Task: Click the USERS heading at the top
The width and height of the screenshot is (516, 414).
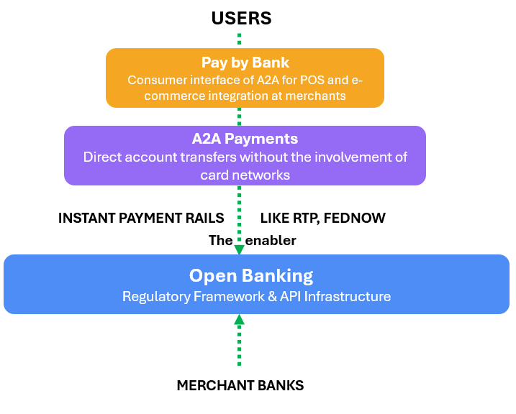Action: (240, 19)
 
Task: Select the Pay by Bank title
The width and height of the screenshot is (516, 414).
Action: (245, 63)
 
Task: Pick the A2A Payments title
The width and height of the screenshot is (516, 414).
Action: (245, 139)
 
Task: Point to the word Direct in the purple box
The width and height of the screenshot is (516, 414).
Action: (104, 157)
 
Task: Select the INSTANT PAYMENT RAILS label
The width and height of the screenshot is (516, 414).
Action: (141, 218)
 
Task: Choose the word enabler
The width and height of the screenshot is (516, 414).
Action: (271, 241)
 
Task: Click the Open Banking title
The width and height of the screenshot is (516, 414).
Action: (251, 276)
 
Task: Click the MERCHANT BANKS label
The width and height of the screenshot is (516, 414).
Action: (240, 386)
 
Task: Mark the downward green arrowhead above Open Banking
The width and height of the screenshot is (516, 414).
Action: (240, 249)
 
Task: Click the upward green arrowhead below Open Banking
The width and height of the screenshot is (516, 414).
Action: (240, 320)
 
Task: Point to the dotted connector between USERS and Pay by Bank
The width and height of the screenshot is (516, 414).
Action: (240, 39)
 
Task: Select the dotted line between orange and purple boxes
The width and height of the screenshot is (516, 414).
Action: (240, 116)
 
